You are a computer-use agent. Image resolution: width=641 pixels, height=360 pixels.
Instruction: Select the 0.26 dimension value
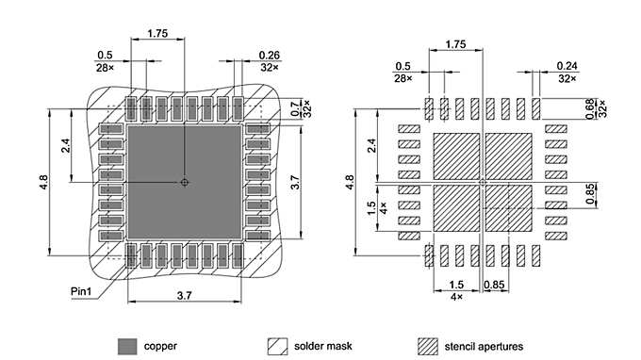(x=269, y=56)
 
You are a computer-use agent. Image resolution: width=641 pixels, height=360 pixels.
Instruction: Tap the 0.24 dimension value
(x=567, y=65)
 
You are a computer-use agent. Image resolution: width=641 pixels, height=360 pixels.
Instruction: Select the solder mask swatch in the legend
(x=278, y=346)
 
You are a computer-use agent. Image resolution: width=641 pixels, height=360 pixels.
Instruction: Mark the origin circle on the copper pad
(x=185, y=182)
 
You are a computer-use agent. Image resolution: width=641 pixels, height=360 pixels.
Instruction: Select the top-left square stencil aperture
(x=455, y=154)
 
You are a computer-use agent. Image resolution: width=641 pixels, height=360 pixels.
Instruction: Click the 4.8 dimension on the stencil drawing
(x=351, y=181)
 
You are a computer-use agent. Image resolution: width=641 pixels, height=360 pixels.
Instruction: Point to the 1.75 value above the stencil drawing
(x=455, y=44)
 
